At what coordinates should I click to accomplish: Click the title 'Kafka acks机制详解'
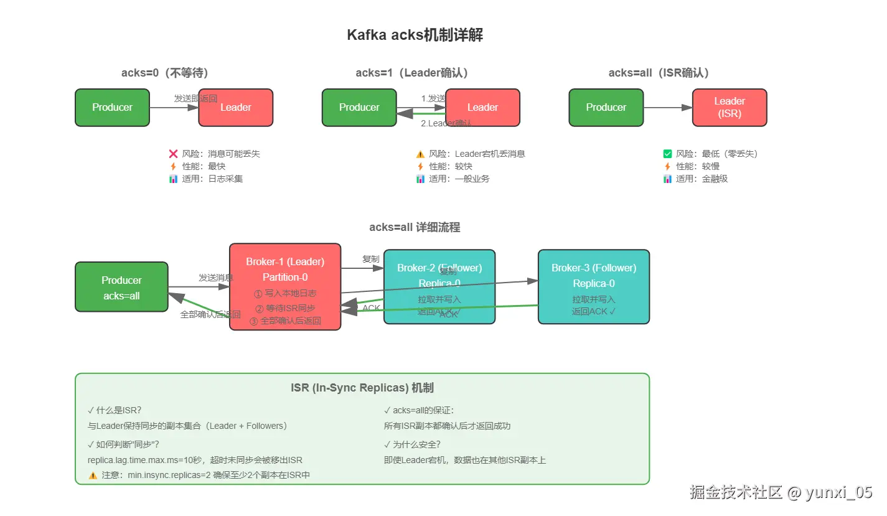coord(415,35)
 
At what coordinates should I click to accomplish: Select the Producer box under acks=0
coord(112,108)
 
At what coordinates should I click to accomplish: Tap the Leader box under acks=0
coord(235,108)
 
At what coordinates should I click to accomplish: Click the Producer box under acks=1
coord(359,108)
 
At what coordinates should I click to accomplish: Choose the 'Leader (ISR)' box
coord(729,108)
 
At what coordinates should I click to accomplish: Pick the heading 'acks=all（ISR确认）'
coord(659,73)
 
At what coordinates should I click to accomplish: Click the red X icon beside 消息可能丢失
coord(174,154)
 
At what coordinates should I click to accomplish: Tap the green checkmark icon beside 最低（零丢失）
coord(668,154)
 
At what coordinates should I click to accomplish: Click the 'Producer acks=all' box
coord(121,287)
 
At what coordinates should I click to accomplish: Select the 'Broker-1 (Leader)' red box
coord(285,286)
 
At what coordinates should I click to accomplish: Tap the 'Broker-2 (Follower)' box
coord(439,286)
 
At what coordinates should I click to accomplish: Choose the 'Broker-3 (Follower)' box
coord(593,286)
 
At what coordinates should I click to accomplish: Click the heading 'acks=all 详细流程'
coord(415,227)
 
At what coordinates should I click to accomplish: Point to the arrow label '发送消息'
coord(216,278)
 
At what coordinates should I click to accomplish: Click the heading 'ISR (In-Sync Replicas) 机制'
coord(362,388)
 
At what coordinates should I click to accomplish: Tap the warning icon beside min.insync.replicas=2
coord(93,475)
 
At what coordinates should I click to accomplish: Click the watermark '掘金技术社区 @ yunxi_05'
coord(781,492)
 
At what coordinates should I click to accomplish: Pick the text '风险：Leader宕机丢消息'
coord(477,154)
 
